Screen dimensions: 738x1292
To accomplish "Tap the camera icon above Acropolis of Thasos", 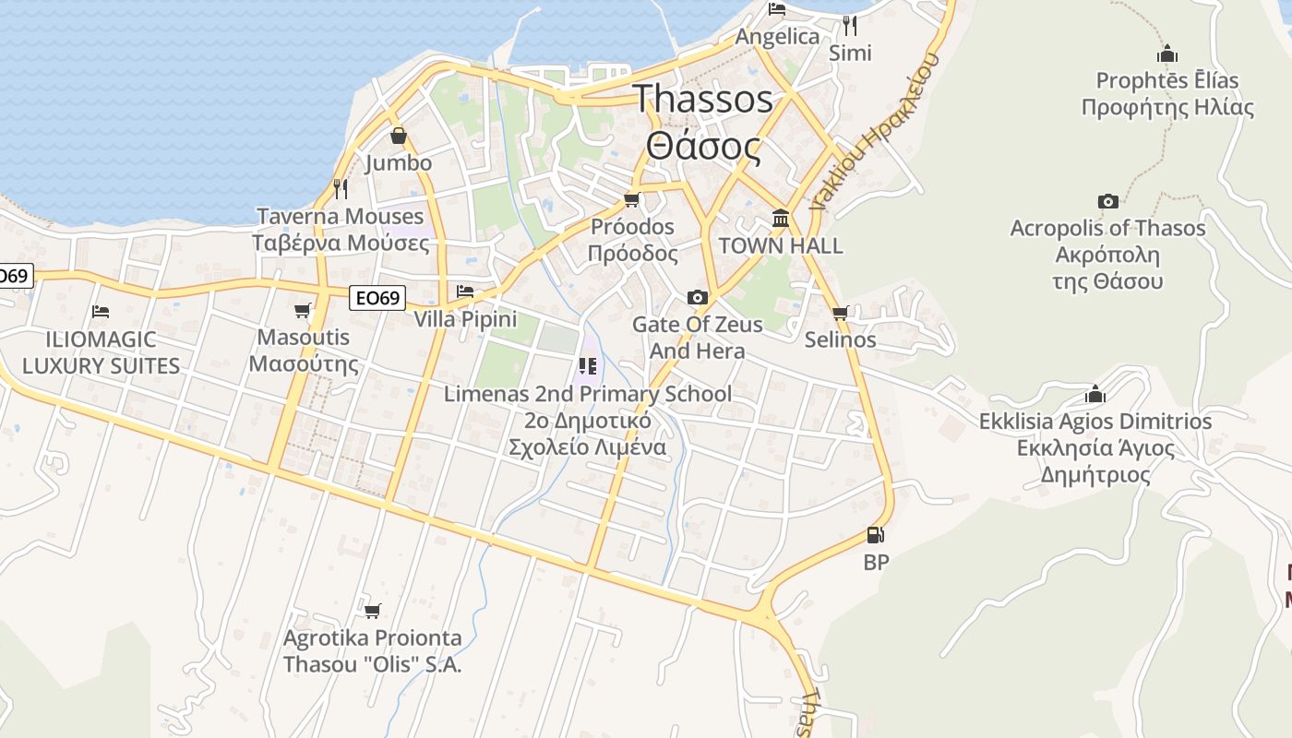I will (1107, 201).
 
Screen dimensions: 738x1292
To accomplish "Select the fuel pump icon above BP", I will (875, 534).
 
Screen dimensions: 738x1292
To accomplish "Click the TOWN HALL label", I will (780, 245).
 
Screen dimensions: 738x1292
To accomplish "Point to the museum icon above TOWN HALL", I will (781, 219).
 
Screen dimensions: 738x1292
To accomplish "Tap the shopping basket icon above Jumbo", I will (399, 137).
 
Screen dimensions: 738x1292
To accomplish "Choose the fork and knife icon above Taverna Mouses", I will (341, 189).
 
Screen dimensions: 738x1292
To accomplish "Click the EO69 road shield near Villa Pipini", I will (377, 298).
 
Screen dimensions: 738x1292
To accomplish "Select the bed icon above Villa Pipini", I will (465, 292).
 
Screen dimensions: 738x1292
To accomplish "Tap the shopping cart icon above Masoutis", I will (303, 310).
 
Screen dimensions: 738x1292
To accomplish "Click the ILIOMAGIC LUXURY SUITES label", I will (101, 352).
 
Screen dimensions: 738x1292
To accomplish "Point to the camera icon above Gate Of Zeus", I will (698, 297).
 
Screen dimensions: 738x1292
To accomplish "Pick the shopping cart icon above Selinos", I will (840, 313).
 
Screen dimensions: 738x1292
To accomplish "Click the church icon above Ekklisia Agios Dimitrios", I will (1095, 395).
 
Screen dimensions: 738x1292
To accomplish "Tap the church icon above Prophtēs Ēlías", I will (1167, 54).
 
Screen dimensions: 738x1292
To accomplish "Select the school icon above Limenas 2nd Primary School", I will (588, 367).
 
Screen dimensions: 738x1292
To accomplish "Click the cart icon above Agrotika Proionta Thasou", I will (373, 611).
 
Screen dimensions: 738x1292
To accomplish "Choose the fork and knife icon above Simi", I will (849, 25).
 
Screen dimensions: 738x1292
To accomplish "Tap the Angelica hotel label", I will (777, 37).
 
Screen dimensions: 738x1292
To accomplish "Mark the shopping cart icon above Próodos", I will (632, 199).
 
